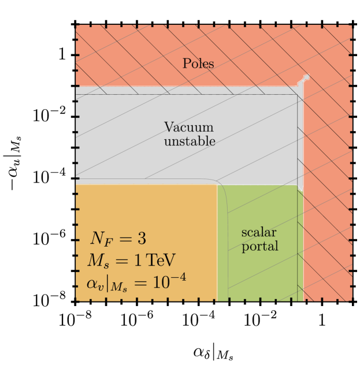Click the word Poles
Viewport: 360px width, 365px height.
pyautogui.click(x=198, y=64)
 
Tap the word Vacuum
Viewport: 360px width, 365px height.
pyautogui.click(x=188, y=127)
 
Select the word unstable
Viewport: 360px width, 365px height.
pyautogui.click(x=190, y=141)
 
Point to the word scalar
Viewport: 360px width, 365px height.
pyautogui.click(x=259, y=232)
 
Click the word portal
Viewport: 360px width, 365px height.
pyautogui.click(x=260, y=247)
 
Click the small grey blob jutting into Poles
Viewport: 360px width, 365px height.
pyautogui.click(x=305, y=78)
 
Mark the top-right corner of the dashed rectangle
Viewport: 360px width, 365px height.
pyautogui.click(x=297, y=95)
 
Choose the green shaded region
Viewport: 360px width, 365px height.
pyautogui.click(x=260, y=271)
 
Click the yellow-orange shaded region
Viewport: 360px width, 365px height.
pyautogui.click(x=144, y=208)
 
